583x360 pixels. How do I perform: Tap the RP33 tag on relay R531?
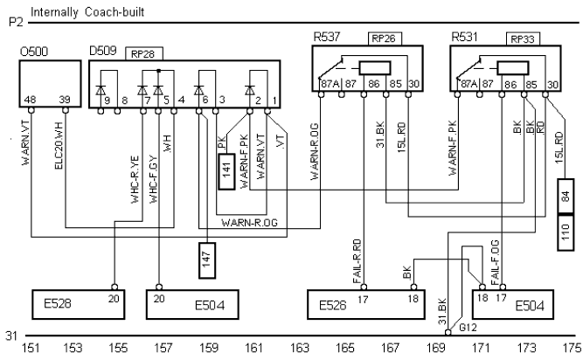[523, 39]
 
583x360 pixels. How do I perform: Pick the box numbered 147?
[207, 260]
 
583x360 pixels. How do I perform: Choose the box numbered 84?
[564, 196]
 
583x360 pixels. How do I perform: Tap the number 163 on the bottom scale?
[300, 349]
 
